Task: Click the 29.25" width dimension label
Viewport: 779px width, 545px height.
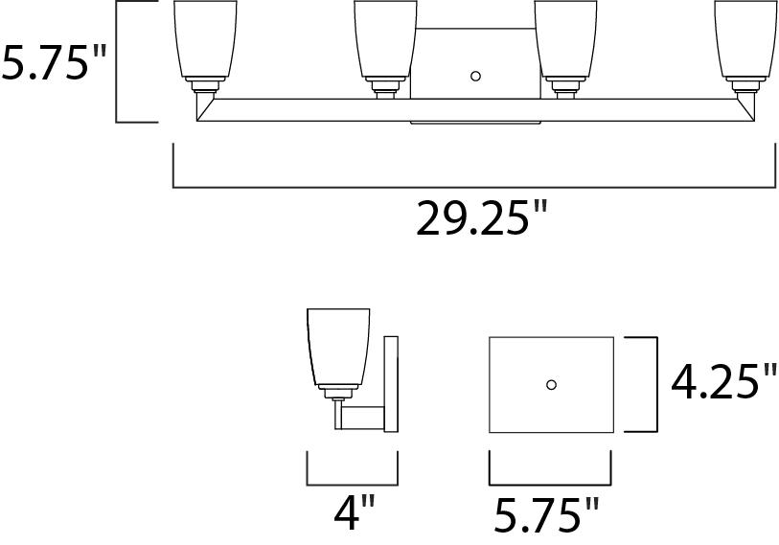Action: (x=481, y=217)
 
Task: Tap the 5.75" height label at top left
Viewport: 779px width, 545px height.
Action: (x=54, y=62)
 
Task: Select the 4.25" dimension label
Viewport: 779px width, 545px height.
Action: (x=723, y=381)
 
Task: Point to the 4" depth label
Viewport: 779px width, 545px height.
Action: (x=354, y=512)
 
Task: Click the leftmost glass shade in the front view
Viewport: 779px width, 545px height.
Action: (x=205, y=38)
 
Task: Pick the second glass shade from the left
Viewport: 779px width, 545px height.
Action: (x=385, y=38)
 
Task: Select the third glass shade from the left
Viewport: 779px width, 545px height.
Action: (x=566, y=38)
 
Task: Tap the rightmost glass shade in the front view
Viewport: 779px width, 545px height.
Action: (x=746, y=38)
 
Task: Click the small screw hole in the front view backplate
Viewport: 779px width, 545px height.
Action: (x=475, y=77)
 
